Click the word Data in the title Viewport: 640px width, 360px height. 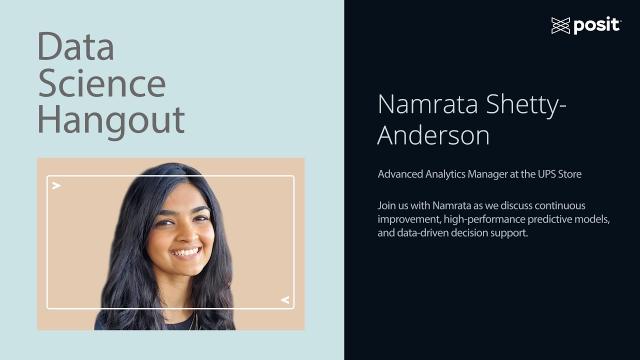pos(75,46)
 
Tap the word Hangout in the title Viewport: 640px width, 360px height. pos(111,120)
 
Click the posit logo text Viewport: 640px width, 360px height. pos(597,26)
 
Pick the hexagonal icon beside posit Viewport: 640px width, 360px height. pos(560,26)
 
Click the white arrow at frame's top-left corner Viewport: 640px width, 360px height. pos(57,186)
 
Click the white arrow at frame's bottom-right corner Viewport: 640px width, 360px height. pos(285,299)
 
